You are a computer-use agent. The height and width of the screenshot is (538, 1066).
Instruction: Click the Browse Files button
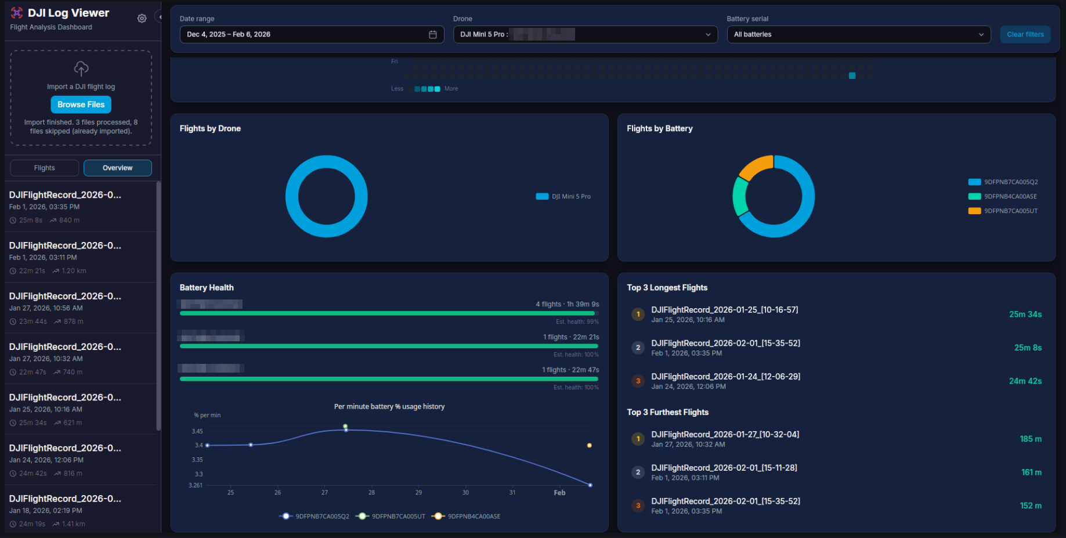tap(81, 104)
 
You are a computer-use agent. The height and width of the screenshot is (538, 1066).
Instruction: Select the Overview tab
tap(117, 168)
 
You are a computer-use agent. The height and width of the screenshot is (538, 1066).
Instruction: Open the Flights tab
tap(45, 168)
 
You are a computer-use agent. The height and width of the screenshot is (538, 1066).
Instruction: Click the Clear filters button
tap(1025, 34)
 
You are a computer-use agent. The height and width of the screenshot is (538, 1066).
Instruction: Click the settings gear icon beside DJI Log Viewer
tap(142, 19)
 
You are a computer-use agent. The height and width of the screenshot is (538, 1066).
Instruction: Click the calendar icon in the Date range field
tap(432, 34)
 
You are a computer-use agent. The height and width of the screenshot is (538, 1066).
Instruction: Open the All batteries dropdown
tap(858, 34)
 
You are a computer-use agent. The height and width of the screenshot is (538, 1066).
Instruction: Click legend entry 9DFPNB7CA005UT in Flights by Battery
tap(1010, 211)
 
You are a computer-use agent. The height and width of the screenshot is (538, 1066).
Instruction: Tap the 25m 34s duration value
tap(1025, 314)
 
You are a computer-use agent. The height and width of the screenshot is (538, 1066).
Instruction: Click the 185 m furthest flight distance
tap(1030, 439)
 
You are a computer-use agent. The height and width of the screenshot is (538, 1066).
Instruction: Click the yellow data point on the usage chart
tap(589, 445)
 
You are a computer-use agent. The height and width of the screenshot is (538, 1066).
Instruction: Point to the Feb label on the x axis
tap(559, 493)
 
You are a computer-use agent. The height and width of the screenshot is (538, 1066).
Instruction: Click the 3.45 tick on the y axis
tap(197, 431)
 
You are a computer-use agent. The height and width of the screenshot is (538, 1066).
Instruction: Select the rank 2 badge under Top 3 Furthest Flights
tap(638, 472)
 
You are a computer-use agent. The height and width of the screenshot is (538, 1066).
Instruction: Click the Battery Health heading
tap(207, 288)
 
